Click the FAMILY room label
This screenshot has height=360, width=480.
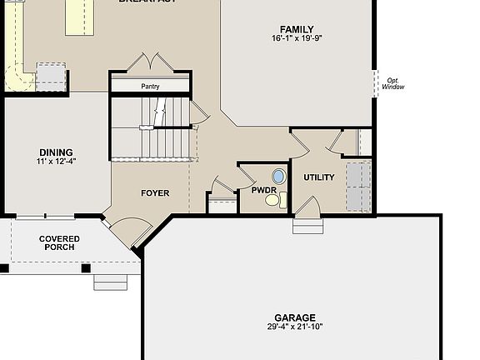pyautogui.click(x=297, y=29)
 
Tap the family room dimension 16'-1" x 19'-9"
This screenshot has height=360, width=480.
pyautogui.click(x=297, y=38)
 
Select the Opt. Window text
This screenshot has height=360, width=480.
pyautogui.click(x=392, y=83)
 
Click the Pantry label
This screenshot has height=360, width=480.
pyautogui.click(x=151, y=86)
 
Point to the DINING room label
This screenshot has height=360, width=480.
pyautogui.click(x=55, y=152)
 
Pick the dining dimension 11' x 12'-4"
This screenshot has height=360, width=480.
pyautogui.click(x=55, y=162)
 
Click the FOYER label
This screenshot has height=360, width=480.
pyautogui.click(x=155, y=193)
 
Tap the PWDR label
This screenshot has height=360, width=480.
pyautogui.click(x=263, y=191)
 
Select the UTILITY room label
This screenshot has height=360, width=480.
pyautogui.click(x=318, y=177)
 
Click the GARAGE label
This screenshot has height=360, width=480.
pyautogui.click(x=296, y=317)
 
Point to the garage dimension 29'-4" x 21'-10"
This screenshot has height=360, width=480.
pyautogui.click(x=296, y=327)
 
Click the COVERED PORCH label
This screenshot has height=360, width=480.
pyautogui.click(x=59, y=242)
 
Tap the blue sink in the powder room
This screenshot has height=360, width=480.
pyautogui.click(x=277, y=176)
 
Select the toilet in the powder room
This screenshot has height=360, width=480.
pyautogui.click(x=282, y=199)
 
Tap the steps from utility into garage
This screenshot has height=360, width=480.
pyautogui.click(x=307, y=225)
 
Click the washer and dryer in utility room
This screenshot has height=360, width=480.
pyautogui.click(x=357, y=187)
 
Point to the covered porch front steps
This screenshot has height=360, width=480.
pyautogui.click(x=110, y=282)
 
